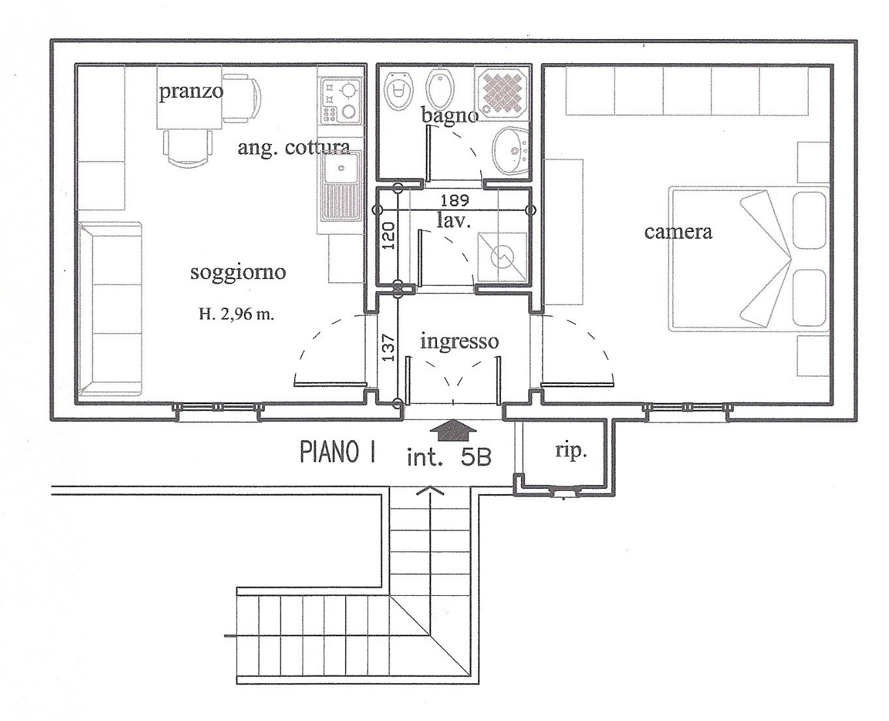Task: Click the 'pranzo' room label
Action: (x=191, y=91)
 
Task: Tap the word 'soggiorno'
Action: (x=238, y=273)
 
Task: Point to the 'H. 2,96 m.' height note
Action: (x=237, y=314)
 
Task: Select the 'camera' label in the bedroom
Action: (x=678, y=232)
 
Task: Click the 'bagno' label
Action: (x=449, y=115)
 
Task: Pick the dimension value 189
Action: (x=455, y=201)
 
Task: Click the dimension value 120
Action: (x=389, y=236)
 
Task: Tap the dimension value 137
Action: (x=389, y=347)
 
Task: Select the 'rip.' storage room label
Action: (x=571, y=452)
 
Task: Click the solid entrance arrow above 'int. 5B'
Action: (x=453, y=430)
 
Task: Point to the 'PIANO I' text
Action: (x=338, y=453)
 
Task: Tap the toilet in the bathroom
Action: (x=399, y=91)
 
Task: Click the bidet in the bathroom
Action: (x=440, y=89)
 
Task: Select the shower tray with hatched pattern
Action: (x=502, y=92)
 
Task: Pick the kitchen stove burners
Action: (x=340, y=101)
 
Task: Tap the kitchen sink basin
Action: (x=342, y=168)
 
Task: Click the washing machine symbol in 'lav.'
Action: (x=502, y=257)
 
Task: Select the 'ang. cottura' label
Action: (x=294, y=148)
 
